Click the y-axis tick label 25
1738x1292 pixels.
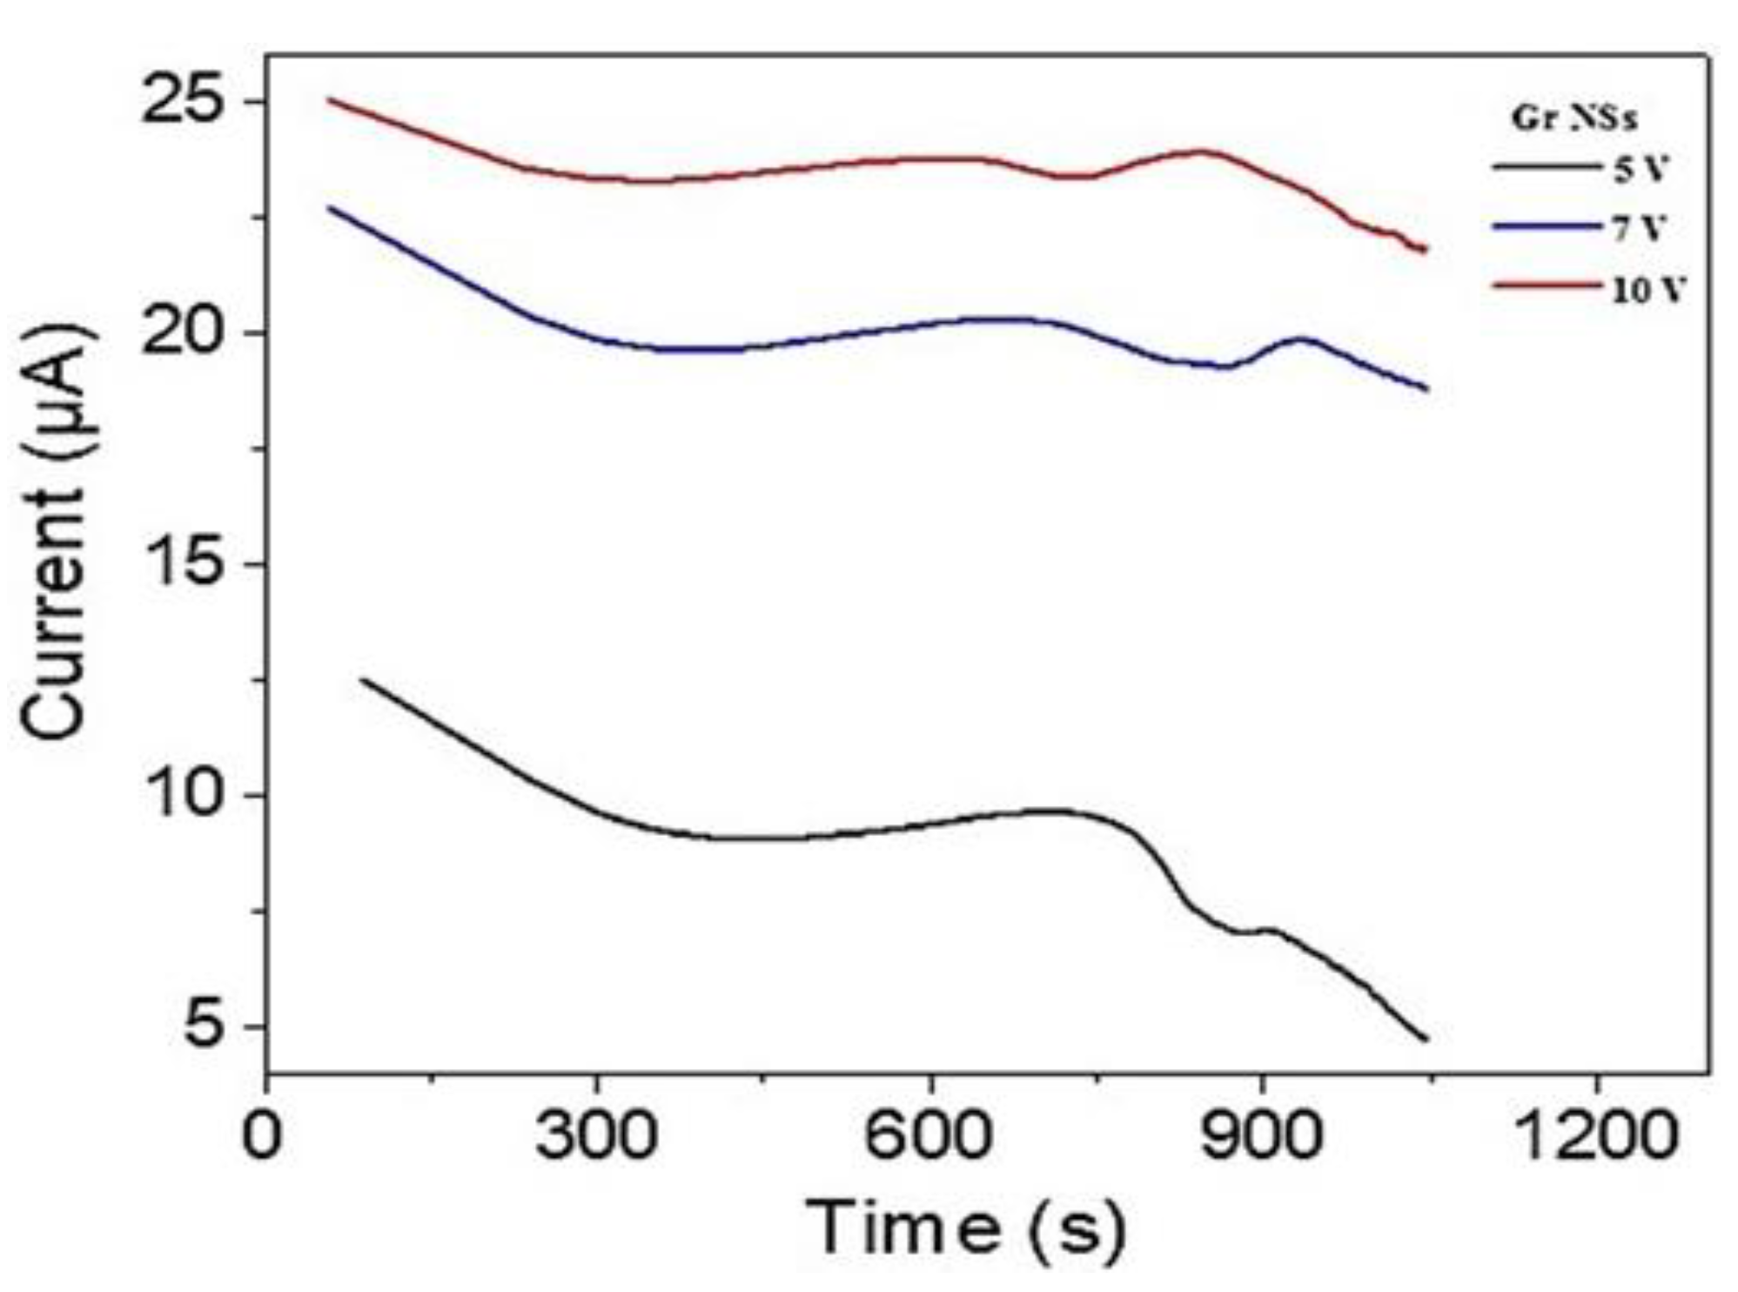coord(179,103)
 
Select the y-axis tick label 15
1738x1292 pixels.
coord(179,564)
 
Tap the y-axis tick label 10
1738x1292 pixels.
coord(179,796)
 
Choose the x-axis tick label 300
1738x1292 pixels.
coord(595,1137)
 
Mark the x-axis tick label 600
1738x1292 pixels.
coord(929,1137)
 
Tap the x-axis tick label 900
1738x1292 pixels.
coord(1262,1137)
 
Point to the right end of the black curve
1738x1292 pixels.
coord(1426,1039)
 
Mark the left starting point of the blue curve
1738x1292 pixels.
coord(329,207)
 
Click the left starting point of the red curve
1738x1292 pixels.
coord(329,100)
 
